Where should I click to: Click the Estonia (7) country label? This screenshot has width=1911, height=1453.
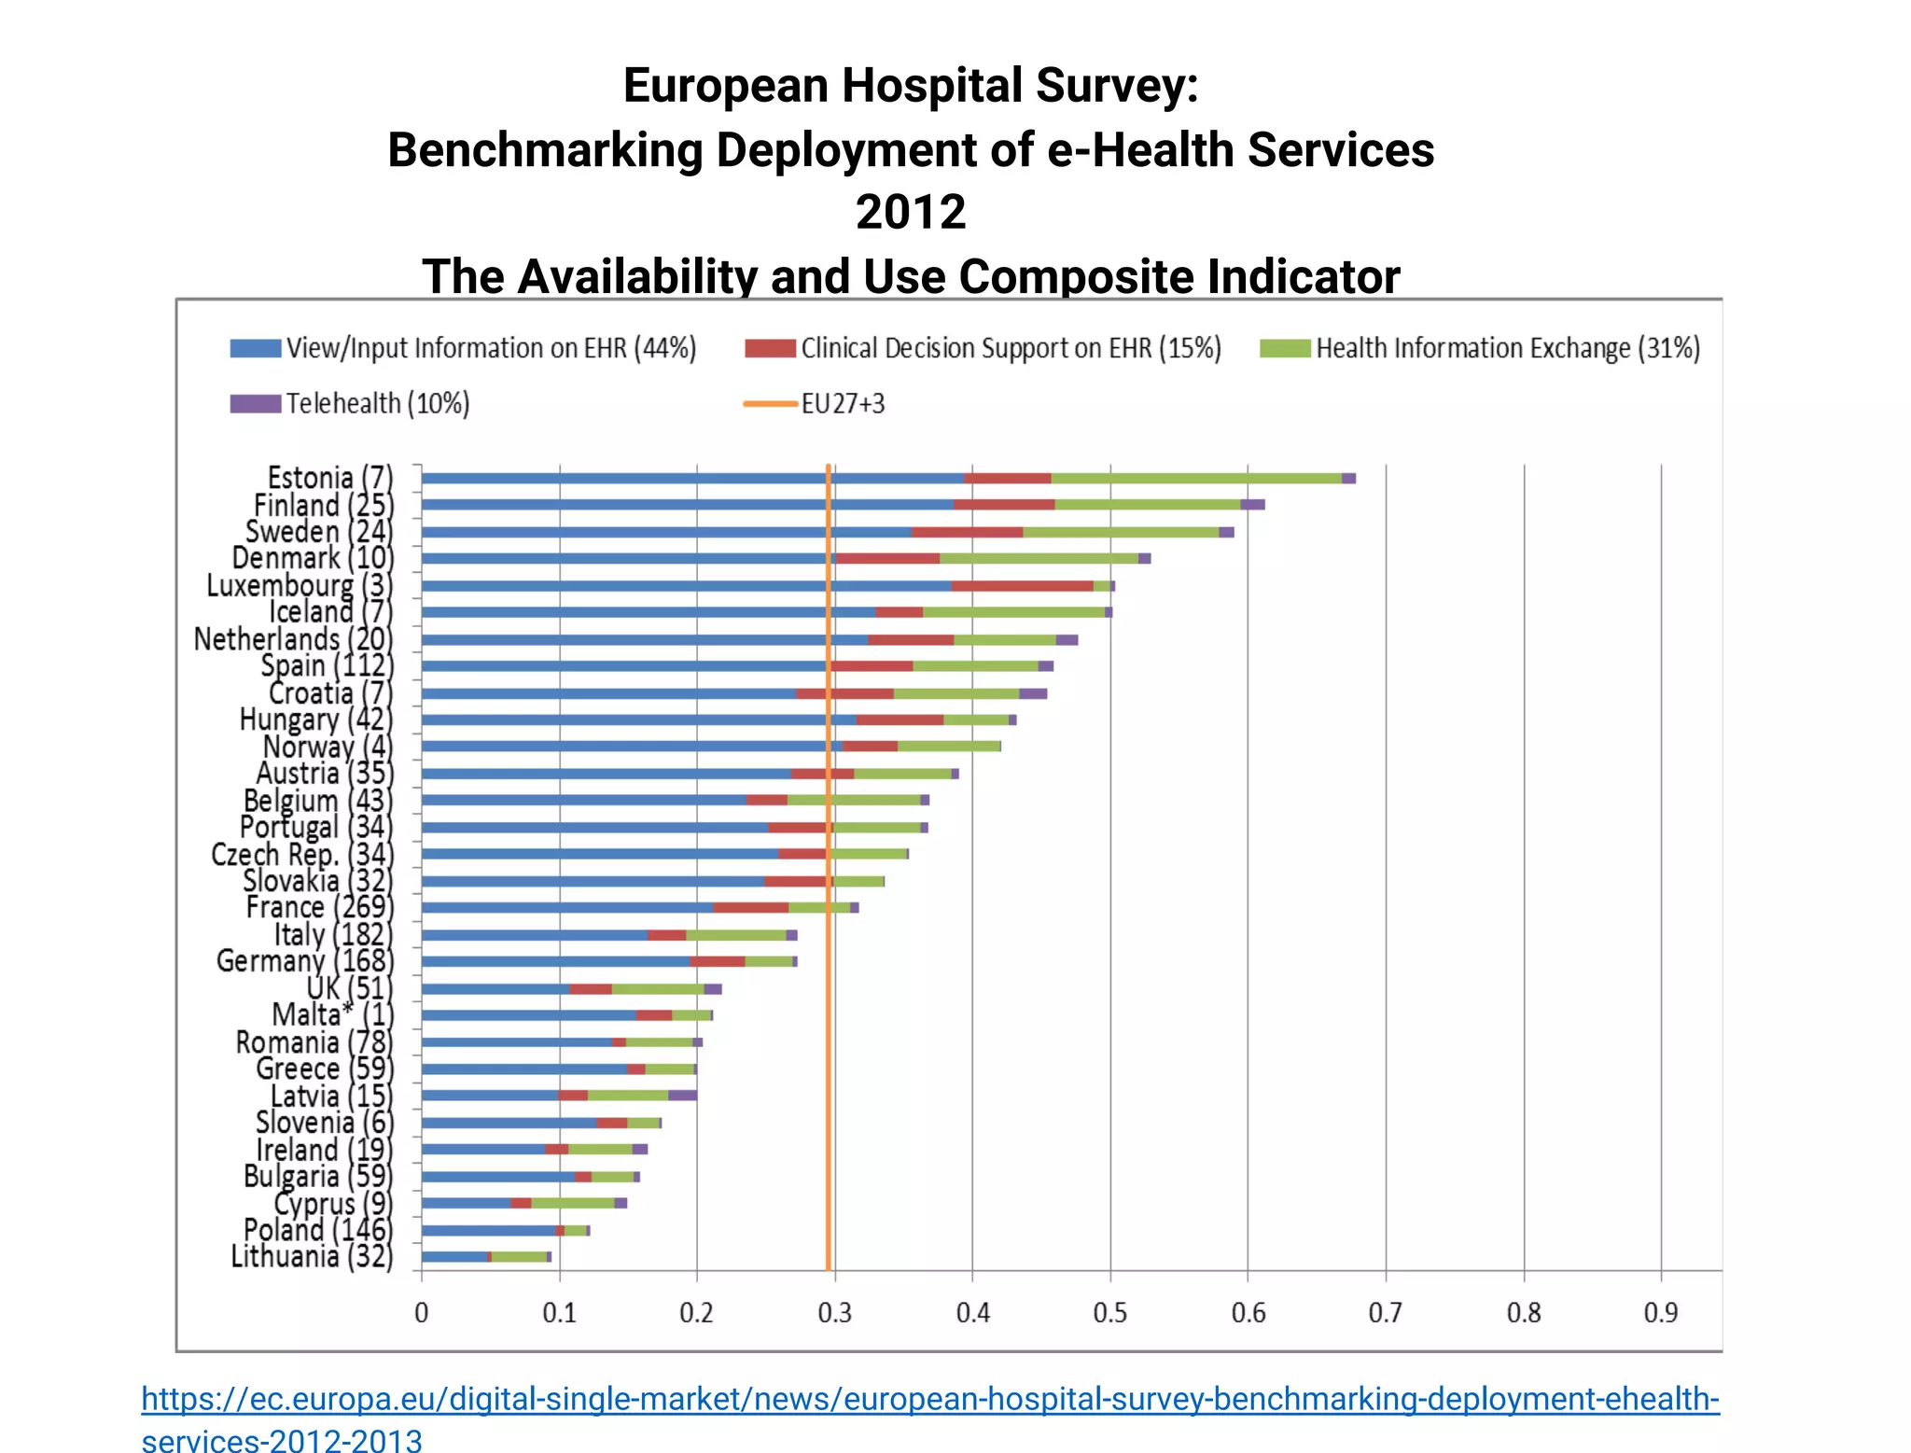pyautogui.click(x=329, y=478)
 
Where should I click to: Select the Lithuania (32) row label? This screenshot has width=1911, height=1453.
pyautogui.click(x=312, y=1256)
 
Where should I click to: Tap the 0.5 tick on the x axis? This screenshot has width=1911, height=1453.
pyautogui.click(x=1109, y=1313)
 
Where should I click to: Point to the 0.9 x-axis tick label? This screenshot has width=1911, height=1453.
pyautogui.click(x=1660, y=1313)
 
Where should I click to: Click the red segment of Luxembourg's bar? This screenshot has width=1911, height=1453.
pyautogui.click(x=1022, y=586)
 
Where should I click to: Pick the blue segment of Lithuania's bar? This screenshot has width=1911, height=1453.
pyautogui.click(x=453, y=1257)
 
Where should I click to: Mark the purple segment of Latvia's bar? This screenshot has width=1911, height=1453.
pyautogui.click(x=683, y=1096)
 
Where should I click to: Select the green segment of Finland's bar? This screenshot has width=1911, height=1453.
pyautogui.click(x=1147, y=505)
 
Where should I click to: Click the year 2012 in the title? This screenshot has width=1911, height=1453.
pyautogui.click(x=910, y=212)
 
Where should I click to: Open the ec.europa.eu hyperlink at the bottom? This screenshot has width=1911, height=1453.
pyautogui.click(x=929, y=1399)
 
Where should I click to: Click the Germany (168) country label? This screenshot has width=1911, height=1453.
pyautogui.click(x=304, y=961)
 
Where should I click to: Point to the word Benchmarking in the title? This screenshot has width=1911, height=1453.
pyautogui.click(x=544, y=150)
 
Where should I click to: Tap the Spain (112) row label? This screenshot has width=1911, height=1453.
pyautogui.click(x=327, y=666)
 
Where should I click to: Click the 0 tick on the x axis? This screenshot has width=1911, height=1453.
pyautogui.click(x=422, y=1313)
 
